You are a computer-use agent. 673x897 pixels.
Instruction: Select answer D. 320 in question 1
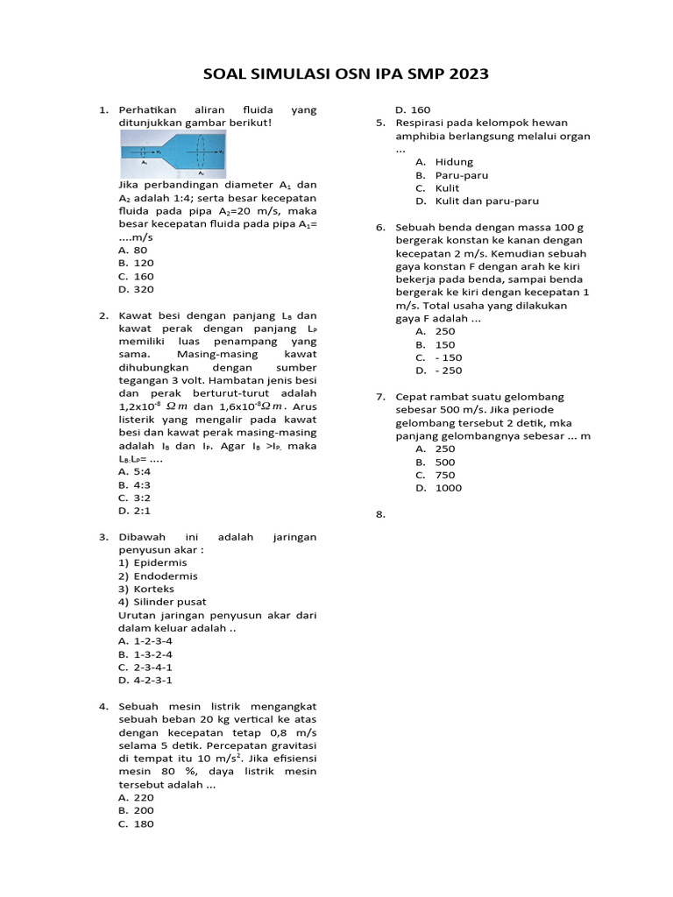coord(136,289)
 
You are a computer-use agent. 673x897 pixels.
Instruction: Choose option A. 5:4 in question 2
coord(133,471)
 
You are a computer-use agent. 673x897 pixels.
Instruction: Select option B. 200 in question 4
coord(136,811)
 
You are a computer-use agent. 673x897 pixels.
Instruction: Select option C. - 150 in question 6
coord(439,357)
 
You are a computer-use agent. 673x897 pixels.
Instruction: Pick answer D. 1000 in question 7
coord(438,488)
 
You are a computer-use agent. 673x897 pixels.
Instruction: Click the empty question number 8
coord(380,514)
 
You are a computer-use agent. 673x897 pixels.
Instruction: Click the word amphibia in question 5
coord(423,136)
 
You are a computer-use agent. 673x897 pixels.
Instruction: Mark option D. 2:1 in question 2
coord(133,511)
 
